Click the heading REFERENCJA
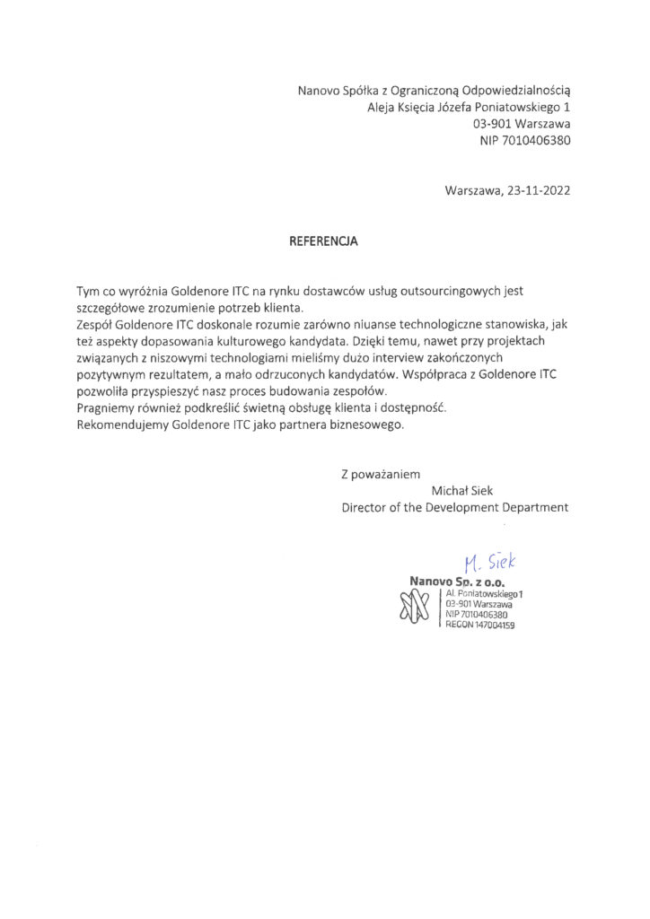click(x=323, y=241)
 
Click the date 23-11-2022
click(x=538, y=190)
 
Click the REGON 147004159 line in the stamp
click(x=479, y=625)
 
